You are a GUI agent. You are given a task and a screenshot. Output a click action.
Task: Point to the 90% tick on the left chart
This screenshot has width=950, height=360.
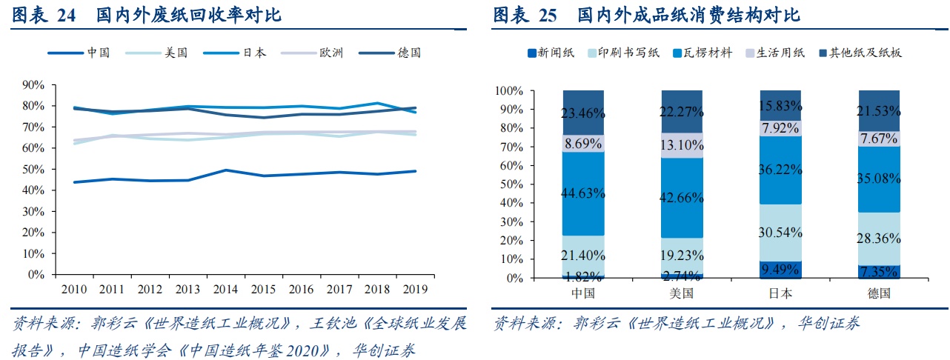34,85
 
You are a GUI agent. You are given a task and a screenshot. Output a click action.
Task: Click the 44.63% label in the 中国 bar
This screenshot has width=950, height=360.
583,193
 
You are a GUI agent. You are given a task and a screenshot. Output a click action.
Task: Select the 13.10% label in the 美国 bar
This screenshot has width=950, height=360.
682,144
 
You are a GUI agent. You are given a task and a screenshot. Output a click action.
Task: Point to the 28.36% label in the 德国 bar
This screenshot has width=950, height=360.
879,239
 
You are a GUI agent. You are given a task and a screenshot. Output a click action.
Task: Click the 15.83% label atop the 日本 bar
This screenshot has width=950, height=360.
780,107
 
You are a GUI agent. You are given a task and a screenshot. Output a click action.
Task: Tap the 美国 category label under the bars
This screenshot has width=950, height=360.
682,293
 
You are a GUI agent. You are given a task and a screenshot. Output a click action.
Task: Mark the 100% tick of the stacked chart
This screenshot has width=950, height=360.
509,91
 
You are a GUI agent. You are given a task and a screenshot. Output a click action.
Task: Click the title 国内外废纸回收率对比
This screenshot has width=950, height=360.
190,15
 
